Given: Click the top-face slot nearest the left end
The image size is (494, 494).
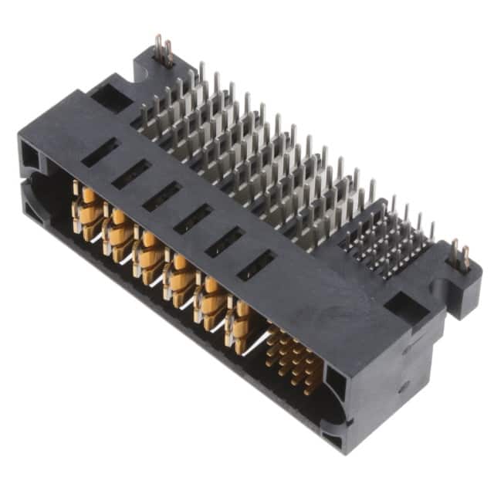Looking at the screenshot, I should (x=100, y=152).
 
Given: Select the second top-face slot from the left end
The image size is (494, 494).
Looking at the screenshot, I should (x=130, y=174).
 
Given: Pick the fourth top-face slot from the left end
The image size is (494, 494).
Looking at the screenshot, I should (x=192, y=219).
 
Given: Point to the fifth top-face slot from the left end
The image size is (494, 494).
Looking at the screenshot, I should (x=225, y=242).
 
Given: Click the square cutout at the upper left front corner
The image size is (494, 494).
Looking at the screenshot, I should (x=30, y=157).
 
